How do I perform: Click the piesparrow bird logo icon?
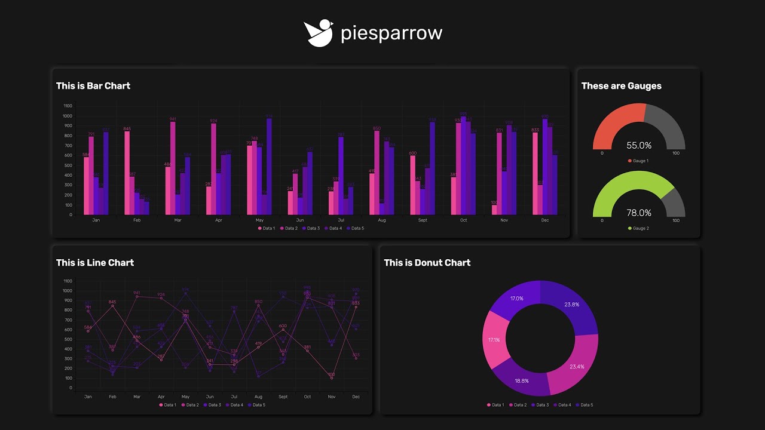pos(318,33)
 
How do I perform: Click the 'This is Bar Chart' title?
pos(93,86)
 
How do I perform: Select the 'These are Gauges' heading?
pos(621,86)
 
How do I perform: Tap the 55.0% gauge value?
pos(639,145)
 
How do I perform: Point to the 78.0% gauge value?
pos(639,213)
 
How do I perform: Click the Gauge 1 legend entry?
pos(638,161)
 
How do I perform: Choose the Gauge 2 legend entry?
pos(638,229)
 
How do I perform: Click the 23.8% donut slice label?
pos(571,305)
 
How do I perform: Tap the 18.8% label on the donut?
pos(521,380)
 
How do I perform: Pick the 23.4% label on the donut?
pos(577,367)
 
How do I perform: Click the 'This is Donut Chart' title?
pos(427,263)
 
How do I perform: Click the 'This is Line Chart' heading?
pos(95,263)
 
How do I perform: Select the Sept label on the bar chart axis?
pos(423,220)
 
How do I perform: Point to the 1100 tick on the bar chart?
pos(67,106)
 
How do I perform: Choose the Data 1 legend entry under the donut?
pos(495,406)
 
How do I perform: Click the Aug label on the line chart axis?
pos(258,397)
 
